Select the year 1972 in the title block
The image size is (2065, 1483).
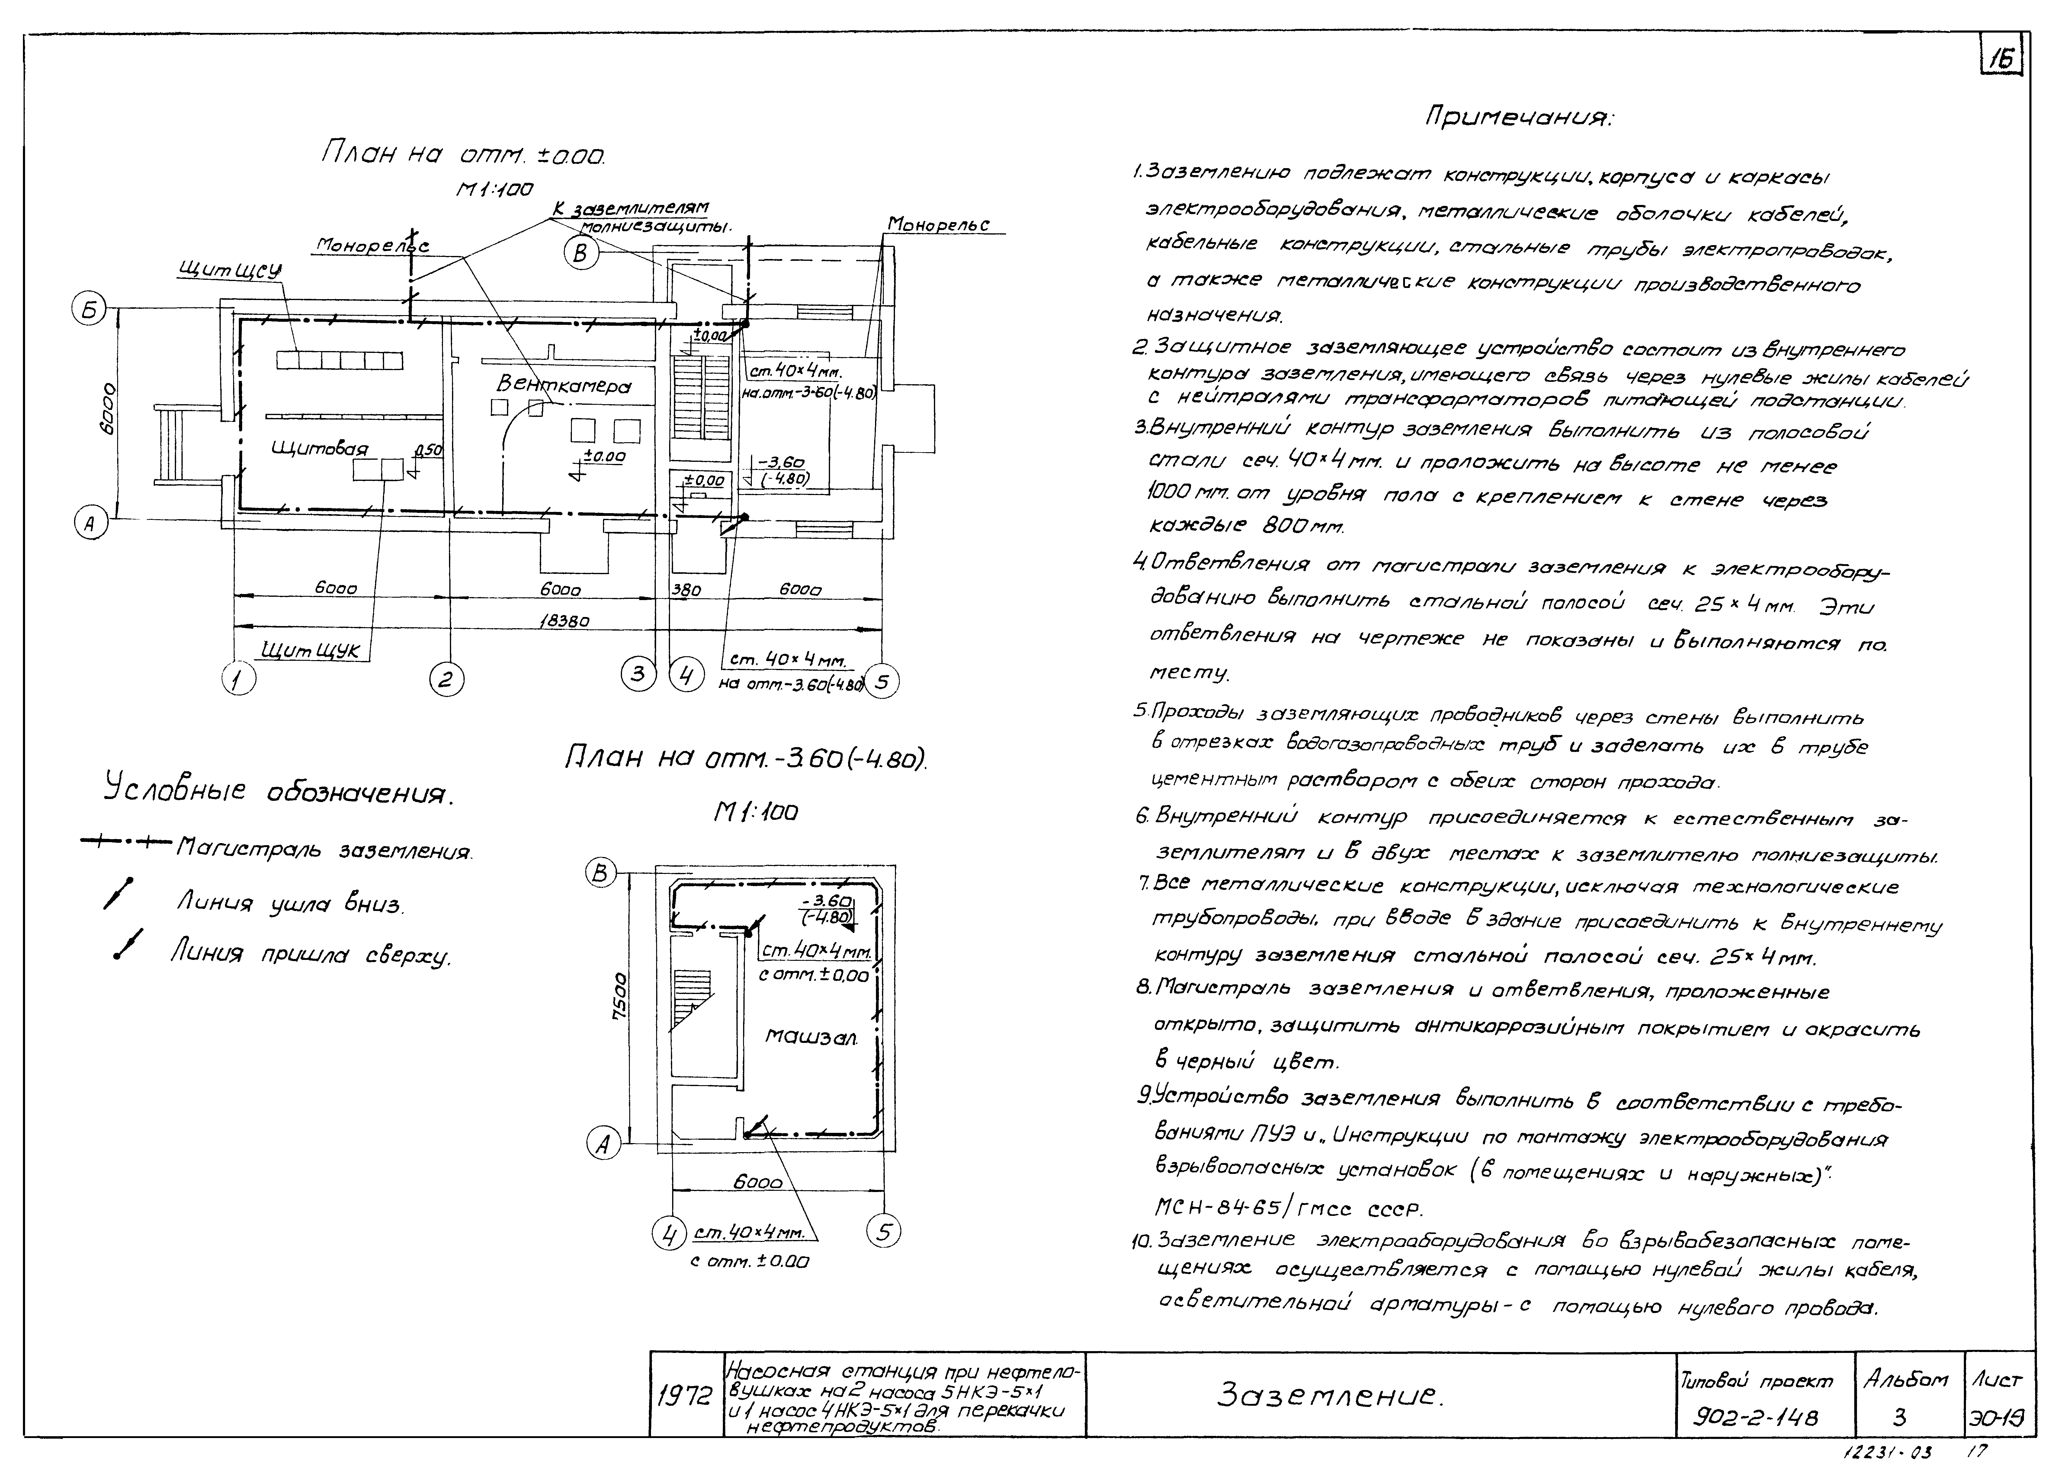click(685, 1395)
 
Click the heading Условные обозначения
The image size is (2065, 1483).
click(278, 790)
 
